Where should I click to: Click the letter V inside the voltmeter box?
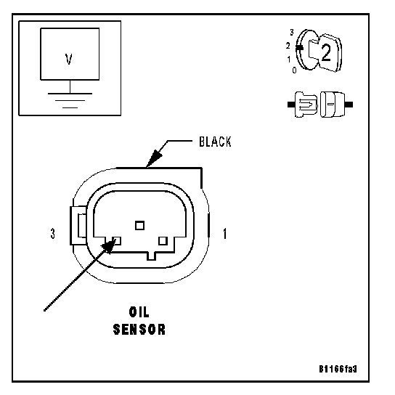pyautogui.click(x=68, y=60)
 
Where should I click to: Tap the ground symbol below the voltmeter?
pyautogui.click(x=70, y=100)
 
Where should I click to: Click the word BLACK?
pyautogui.click(x=215, y=142)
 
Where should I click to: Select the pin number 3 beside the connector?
pyautogui.click(x=53, y=234)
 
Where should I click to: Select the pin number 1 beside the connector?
pyautogui.click(x=224, y=234)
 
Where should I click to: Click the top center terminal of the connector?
pyautogui.click(x=140, y=226)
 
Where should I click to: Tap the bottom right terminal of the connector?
pyautogui.click(x=163, y=241)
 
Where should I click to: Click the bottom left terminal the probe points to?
pyautogui.click(x=116, y=241)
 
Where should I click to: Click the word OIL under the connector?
pyautogui.click(x=139, y=312)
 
